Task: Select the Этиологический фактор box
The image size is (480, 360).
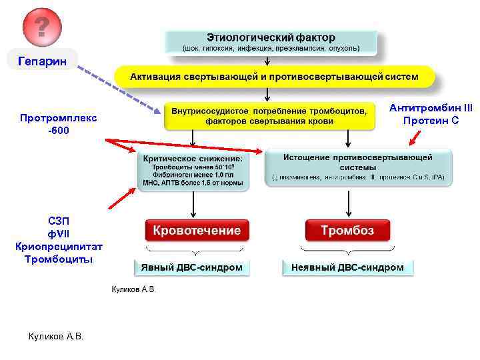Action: (271, 42)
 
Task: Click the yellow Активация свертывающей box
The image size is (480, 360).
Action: (274, 77)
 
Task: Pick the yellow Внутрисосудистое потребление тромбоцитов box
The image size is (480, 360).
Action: (269, 116)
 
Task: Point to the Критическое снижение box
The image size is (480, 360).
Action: (193, 171)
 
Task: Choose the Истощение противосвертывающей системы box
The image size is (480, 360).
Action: (358, 168)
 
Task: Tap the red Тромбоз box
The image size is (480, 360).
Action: (347, 230)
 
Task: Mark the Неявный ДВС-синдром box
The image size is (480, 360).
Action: (347, 267)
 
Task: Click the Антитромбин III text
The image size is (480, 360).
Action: (431, 108)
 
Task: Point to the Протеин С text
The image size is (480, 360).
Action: (431, 120)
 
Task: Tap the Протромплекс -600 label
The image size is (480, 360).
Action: (58, 123)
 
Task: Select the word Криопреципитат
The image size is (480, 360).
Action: (59, 246)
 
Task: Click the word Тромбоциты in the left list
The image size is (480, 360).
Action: (59, 259)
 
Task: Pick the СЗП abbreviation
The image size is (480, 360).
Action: (58, 221)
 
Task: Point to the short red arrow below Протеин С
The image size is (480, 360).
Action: (415, 137)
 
